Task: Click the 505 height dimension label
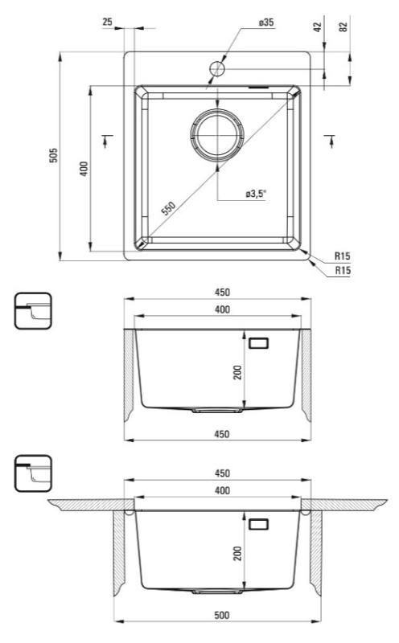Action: click(x=53, y=155)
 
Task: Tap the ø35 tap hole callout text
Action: click(x=266, y=23)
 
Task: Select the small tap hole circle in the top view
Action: click(x=217, y=68)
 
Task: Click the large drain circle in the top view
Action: click(x=217, y=133)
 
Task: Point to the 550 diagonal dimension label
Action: click(x=168, y=208)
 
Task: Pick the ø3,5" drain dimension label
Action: click(x=256, y=194)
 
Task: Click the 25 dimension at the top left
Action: click(x=107, y=22)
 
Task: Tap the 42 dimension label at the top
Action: click(x=317, y=27)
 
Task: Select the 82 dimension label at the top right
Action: click(x=343, y=27)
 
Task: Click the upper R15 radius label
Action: click(x=343, y=256)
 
